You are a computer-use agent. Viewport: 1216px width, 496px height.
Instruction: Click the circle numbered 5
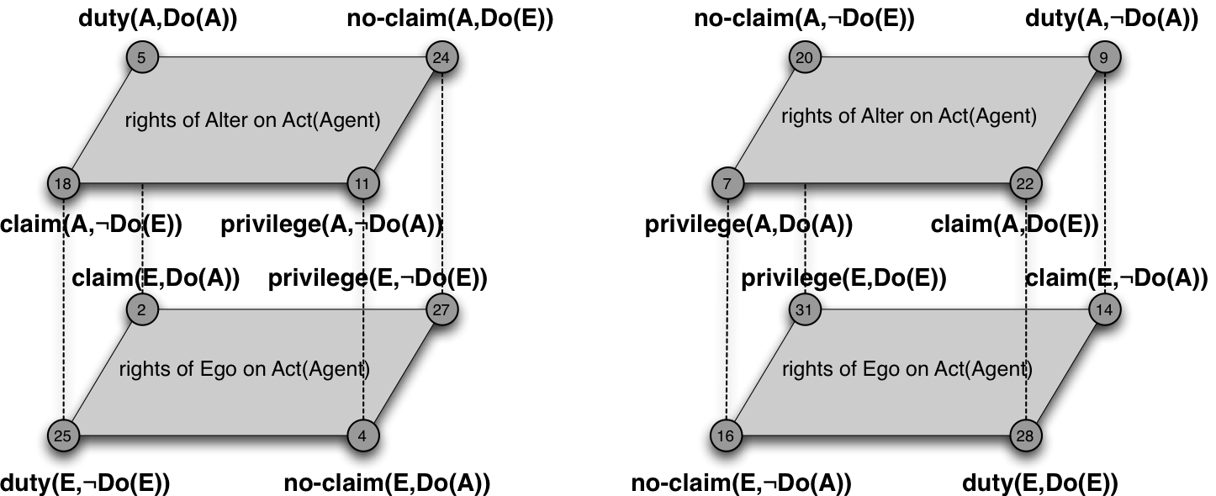(x=141, y=58)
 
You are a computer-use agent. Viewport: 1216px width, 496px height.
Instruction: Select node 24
(x=441, y=58)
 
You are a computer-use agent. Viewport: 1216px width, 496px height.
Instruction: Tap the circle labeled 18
(x=64, y=183)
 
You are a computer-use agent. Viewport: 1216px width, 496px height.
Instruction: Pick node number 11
(x=363, y=183)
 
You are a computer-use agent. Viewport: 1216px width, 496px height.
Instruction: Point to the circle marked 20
(x=805, y=58)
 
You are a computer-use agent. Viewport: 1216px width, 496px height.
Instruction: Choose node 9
(x=1104, y=58)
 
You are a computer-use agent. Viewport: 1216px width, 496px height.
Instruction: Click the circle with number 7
(x=727, y=183)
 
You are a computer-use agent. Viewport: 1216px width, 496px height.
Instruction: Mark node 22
(x=1026, y=183)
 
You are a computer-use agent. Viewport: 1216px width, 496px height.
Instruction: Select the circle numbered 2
(x=141, y=310)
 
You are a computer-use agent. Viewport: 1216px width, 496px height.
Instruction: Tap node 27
(x=441, y=310)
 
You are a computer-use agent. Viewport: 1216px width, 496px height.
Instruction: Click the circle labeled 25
(x=64, y=435)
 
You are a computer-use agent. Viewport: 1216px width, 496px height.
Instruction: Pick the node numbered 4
(x=363, y=435)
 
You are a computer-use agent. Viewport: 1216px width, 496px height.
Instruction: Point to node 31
(x=805, y=310)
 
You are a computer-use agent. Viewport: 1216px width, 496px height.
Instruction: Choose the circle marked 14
(x=1104, y=310)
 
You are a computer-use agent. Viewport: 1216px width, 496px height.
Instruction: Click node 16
(x=727, y=435)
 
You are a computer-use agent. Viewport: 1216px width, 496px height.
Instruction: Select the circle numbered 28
(x=1026, y=435)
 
